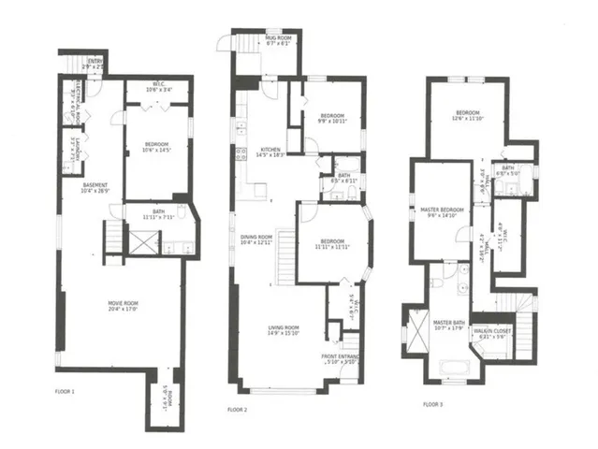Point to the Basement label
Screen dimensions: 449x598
tap(95, 187)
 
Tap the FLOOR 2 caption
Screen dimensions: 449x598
tap(238, 410)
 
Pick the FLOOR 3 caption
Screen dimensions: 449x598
tap(432, 404)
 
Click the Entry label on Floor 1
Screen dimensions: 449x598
tap(92, 65)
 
